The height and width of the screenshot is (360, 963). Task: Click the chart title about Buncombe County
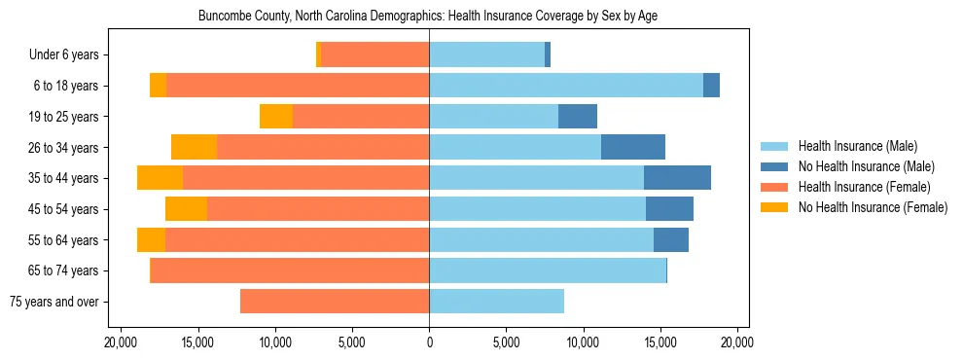pos(429,17)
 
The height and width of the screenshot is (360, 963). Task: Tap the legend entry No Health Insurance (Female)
pos(872,207)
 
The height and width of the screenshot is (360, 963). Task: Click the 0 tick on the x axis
pos(429,342)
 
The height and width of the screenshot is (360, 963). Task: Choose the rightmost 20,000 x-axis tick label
pos(737,342)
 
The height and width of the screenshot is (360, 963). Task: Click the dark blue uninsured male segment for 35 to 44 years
pos(677,178)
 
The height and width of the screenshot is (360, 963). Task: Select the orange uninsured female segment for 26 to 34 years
pos(194,147)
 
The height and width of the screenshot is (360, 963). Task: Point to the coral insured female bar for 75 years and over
pos(335,302)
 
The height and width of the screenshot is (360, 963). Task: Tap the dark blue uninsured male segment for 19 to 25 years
pos(578,117)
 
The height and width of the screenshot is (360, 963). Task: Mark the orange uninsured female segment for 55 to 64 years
pos(151,239)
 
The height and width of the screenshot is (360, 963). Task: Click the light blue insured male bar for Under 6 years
pos(486,55)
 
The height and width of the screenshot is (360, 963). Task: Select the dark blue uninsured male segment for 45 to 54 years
pos(669,209)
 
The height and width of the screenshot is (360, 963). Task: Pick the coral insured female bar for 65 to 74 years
pos(290,270)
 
